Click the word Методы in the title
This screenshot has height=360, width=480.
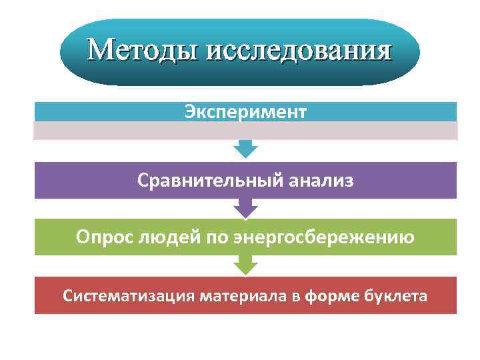coord(143,51)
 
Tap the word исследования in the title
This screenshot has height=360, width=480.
coord(299,51)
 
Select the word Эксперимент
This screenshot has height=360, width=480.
coord(246,111)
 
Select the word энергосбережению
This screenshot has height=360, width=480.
coord(323,237)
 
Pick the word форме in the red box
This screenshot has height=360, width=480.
coord(328,295)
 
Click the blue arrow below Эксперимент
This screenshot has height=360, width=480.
coord(246,149)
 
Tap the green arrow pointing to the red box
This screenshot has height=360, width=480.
coord(246,266)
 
